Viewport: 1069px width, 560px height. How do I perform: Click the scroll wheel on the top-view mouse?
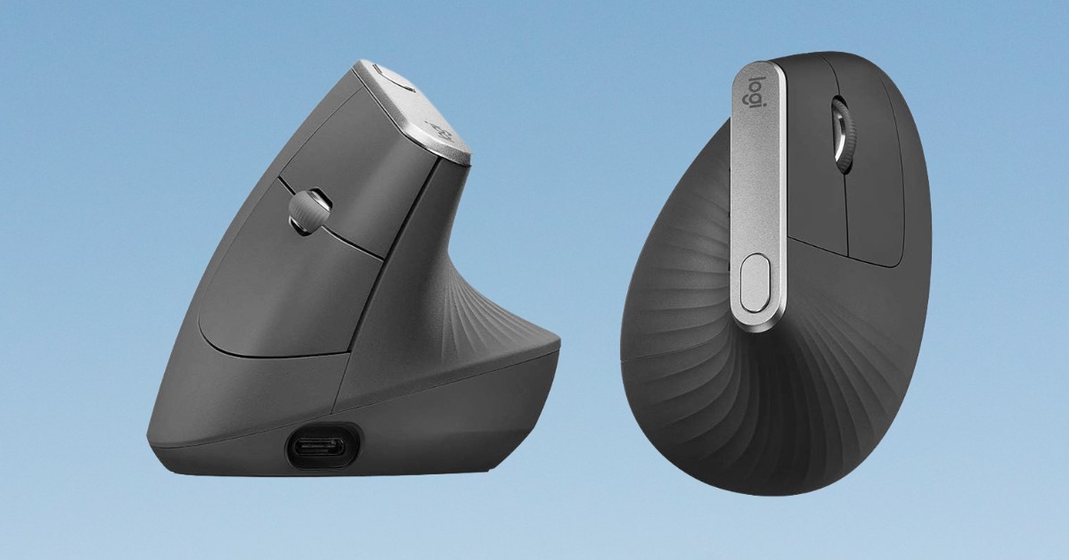point(841,136)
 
